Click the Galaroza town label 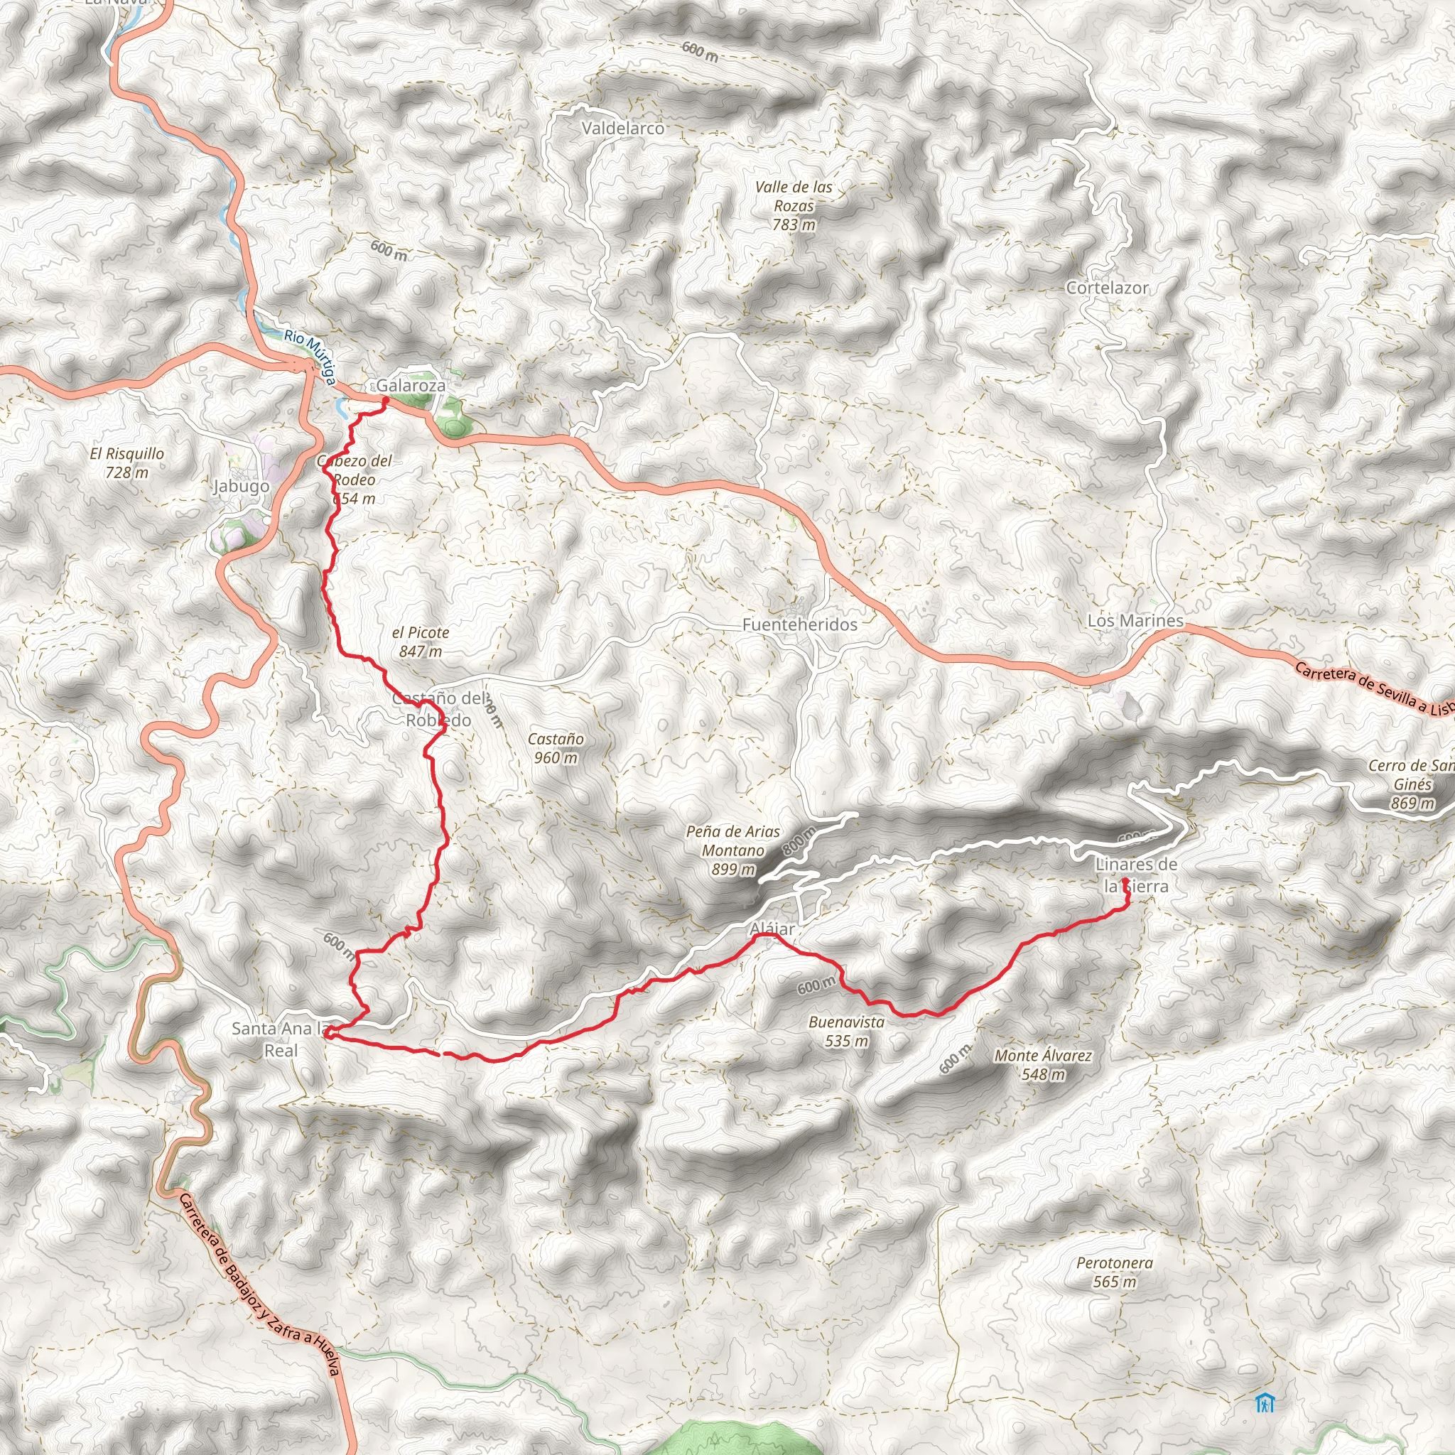pos(411,386)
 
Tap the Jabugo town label pos(241,486)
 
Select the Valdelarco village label pos(623,129)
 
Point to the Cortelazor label pos(1107,288)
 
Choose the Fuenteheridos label pos(800,624)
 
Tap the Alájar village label pos(773,929)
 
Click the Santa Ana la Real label pos(281,1039)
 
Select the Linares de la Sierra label pos(1136,875)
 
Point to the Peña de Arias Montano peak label pos(732,850)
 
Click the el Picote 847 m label pos(421,642)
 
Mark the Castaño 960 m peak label pos(556,749)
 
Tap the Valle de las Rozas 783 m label pos(794,205)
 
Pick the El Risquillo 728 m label pos(126,463)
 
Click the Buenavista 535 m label pos(845,1032)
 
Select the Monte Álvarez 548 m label pos(1043,1065)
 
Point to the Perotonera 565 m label pos(1115,1272)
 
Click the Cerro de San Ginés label pos(1410,784)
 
